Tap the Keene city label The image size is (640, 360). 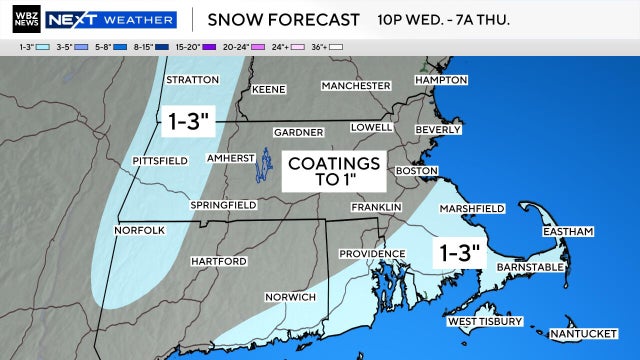tap(269, 89)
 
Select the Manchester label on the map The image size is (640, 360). tap(355, 85)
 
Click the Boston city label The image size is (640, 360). tap(418, 171)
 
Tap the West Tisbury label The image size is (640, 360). tap(484, 322)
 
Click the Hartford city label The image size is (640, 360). tap(218, 261)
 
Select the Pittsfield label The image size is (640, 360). tap(160, 161)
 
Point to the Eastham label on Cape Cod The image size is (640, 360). tap(568, 232)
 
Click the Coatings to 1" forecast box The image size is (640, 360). tap(334, 171)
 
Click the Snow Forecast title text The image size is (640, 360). tap(283, 19)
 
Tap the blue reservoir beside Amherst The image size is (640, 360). tap(267, 166)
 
